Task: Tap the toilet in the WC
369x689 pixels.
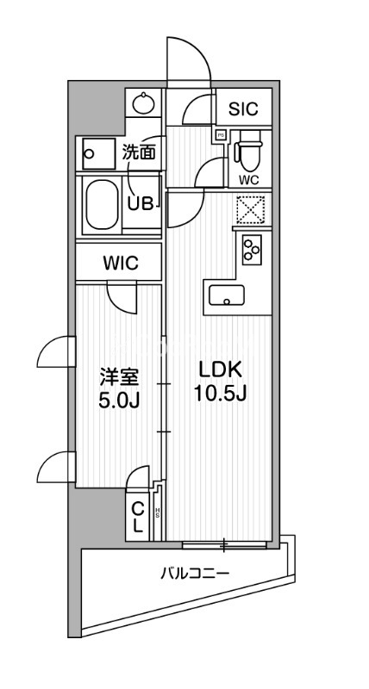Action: coord(247,152)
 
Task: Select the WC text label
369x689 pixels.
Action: coord(249,180)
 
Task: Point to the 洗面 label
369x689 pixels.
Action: coord(138,153)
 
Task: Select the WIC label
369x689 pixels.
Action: coord(120,263)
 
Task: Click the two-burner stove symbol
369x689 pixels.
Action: coord(253,250)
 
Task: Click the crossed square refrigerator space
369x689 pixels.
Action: coord(253,210)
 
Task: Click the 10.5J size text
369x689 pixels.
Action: coord(222,396)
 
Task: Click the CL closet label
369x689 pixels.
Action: coord(138,518)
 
